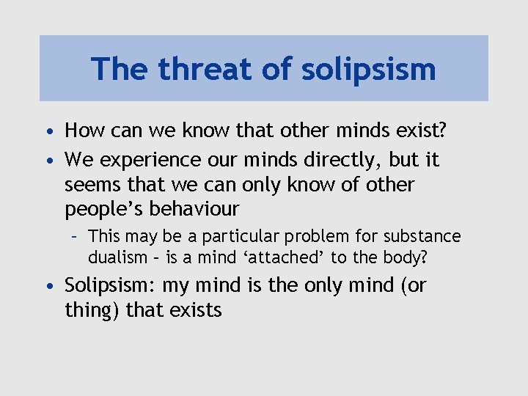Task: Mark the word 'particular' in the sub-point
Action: pyautogui.click(x=233, y=237)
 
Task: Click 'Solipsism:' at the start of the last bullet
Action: pyautogui.click(x=109, y=285)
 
